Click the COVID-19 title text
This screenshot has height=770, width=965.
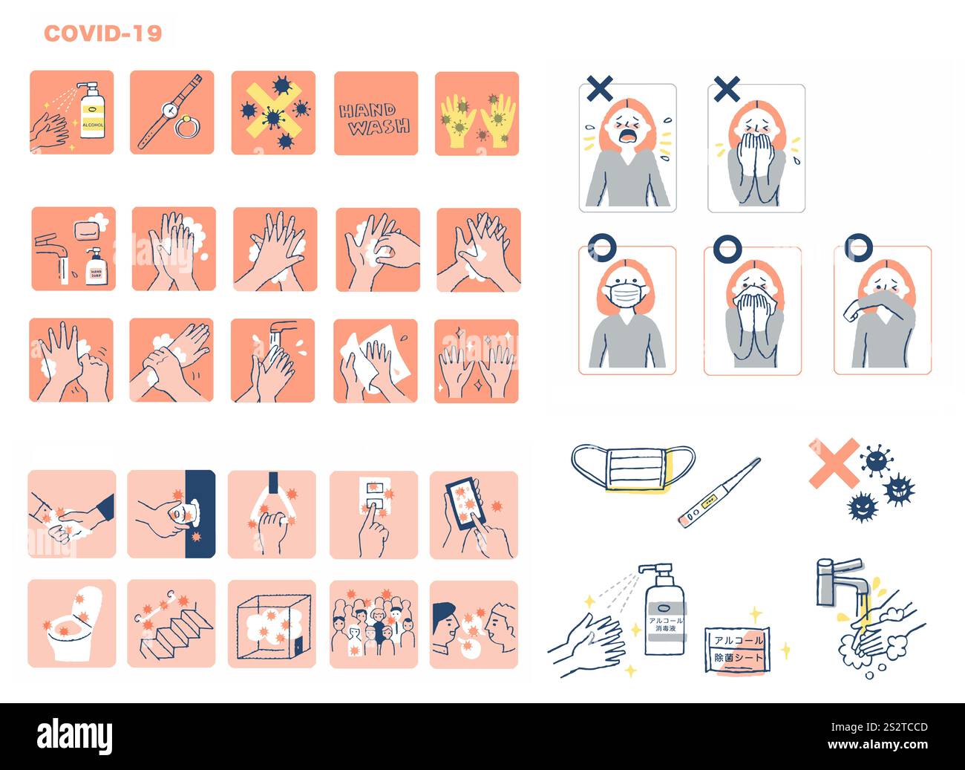click(x=102, y=33)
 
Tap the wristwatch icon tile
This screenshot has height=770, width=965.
click(x=171, y=112)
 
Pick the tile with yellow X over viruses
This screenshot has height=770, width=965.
click(x=273, y=113)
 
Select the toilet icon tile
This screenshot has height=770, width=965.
click(x=72, y=623)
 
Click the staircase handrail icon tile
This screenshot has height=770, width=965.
click(x=171, y=623)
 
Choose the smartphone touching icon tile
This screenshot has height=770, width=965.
click(x=474, y=514)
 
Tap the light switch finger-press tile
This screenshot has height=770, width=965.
click(x=373, y=514)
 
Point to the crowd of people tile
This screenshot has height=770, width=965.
click(x=373, y=623)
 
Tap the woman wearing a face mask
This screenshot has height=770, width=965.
click(x=627, y=312)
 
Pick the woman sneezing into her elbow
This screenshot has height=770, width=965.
click(x=882, y=312)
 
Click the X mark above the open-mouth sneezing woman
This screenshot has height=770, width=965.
click(x=600, y=89)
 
